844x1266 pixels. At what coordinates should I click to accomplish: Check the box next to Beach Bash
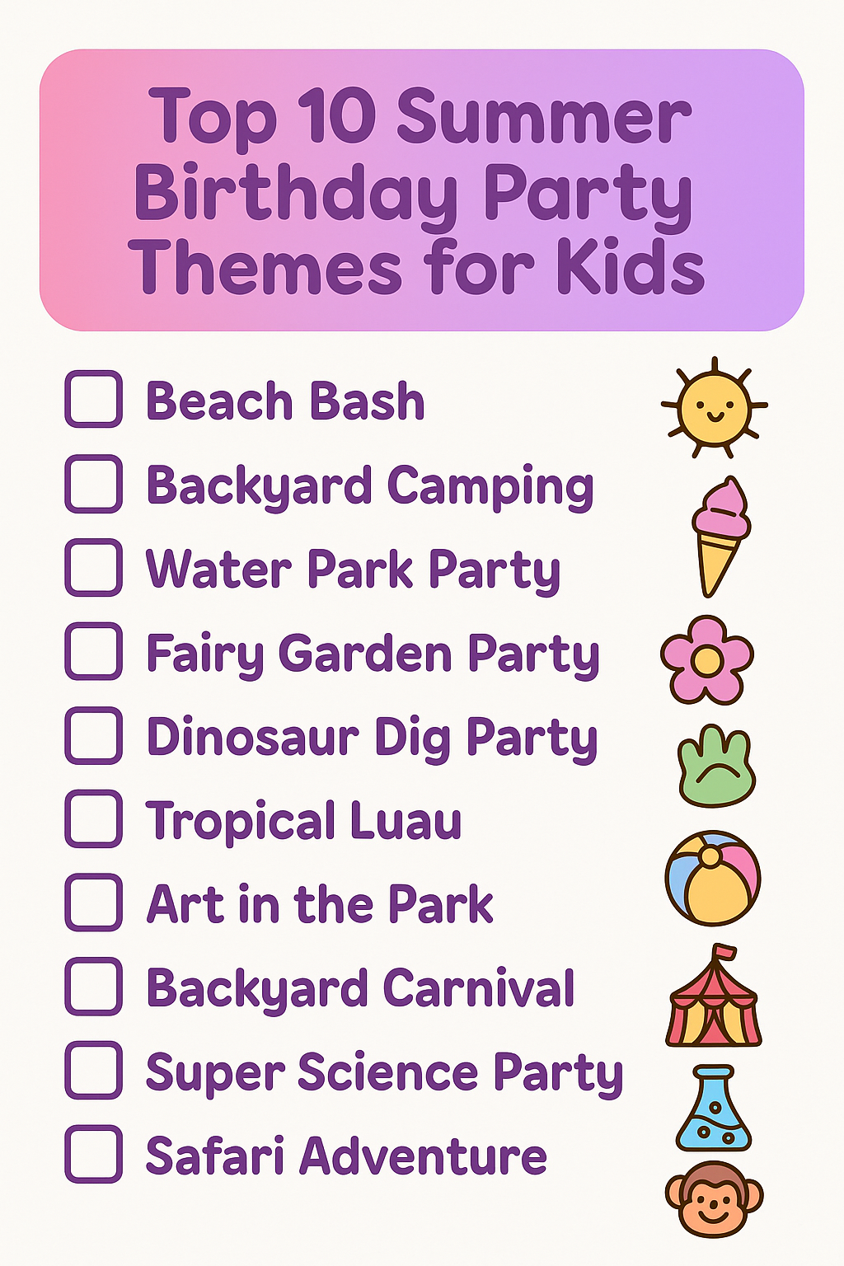tap(94, 399)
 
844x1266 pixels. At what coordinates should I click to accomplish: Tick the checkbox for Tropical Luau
tap(94, 819)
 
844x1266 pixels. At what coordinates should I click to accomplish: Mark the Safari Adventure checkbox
tap(94, 1154)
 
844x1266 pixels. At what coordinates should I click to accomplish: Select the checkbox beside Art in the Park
tap(94, 903)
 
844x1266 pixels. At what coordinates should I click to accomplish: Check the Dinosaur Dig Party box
tap(94, 735)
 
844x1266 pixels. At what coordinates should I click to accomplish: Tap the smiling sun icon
tap(715, 407)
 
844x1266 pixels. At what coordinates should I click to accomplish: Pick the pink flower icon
tap(706, 659)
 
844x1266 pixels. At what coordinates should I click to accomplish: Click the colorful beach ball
tap(713, 878)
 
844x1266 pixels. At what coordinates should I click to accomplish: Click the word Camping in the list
tap(490, 486)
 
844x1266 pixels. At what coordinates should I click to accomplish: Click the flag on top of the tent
tap(725, 953)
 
